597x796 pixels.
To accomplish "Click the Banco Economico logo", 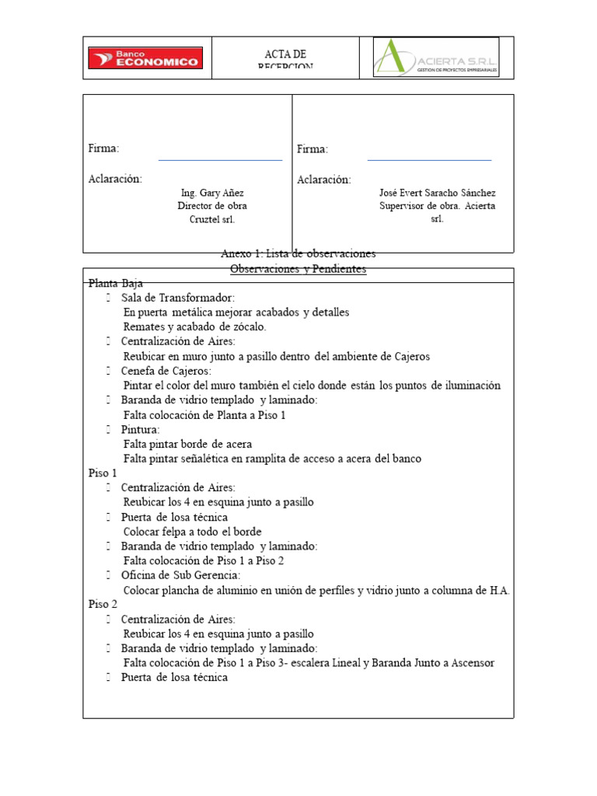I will pos(145,58).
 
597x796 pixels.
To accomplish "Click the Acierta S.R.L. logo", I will pos(436,58).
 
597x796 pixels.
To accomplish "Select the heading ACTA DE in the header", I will pos(285,54).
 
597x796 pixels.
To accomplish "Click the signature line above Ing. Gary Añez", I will pos(220,159).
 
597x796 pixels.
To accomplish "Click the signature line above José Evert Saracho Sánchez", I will pos(429,159).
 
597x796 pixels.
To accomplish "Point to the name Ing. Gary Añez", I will pos(212,193).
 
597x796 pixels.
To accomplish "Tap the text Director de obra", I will pos(212,206).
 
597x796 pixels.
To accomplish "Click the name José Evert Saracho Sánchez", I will pos(437,193).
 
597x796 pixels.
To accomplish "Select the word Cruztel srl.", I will pos(212,219).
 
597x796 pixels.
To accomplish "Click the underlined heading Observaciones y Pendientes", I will pos(298,269).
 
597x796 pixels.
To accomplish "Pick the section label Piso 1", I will pos(103,473).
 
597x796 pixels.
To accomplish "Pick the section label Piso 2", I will pos(103,604).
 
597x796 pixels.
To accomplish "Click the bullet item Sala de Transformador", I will pos(177,298).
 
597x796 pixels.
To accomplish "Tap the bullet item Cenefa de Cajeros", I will pos(166,371).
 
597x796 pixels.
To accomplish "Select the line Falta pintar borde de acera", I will pos(187,444).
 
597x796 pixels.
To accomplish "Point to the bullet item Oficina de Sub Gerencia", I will pos(180,575).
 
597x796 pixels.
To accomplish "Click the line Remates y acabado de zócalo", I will pos(194,326).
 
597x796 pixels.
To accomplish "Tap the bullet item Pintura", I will pos(140,429).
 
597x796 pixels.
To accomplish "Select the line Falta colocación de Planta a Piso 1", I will pos(204,415).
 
